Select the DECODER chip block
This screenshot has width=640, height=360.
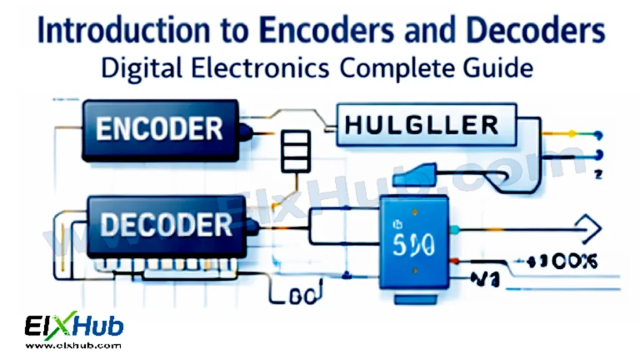(x=165, y=226)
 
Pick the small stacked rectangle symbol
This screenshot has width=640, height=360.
(x=296, y=151)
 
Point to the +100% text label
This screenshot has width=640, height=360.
(x=560, y=261)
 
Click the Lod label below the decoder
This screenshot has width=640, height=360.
(x=302, y=294)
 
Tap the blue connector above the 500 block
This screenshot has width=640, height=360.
(x=415, y=174)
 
